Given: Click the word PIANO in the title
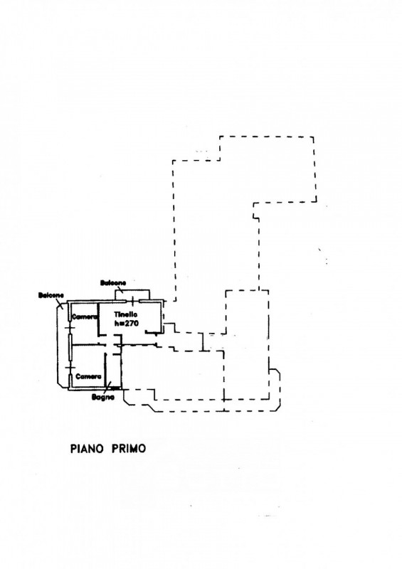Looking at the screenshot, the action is tap(87, 449).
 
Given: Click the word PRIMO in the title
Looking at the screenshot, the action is tap(128, 449).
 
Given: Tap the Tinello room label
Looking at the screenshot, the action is tap(125, 314).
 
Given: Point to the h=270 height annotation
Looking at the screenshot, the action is tap(126, 323).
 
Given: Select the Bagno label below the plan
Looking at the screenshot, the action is tap(102, 398).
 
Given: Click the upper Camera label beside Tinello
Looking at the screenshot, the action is tap(85, 317).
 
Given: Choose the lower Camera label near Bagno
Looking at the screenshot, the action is tap(88, 377).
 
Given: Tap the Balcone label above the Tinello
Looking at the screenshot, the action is tap(113, 282).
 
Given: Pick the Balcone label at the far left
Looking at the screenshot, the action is tap(51, 295).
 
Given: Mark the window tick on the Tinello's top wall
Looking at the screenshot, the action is tap(132, 301).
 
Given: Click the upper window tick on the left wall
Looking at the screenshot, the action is tap(70, 328).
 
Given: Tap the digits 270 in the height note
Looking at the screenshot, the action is tap(132, 323).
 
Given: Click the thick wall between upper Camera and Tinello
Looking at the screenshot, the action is tap(99, 319).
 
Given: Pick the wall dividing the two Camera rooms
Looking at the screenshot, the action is tap(85, 344).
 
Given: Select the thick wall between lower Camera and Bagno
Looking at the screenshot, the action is tap(105, 370).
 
